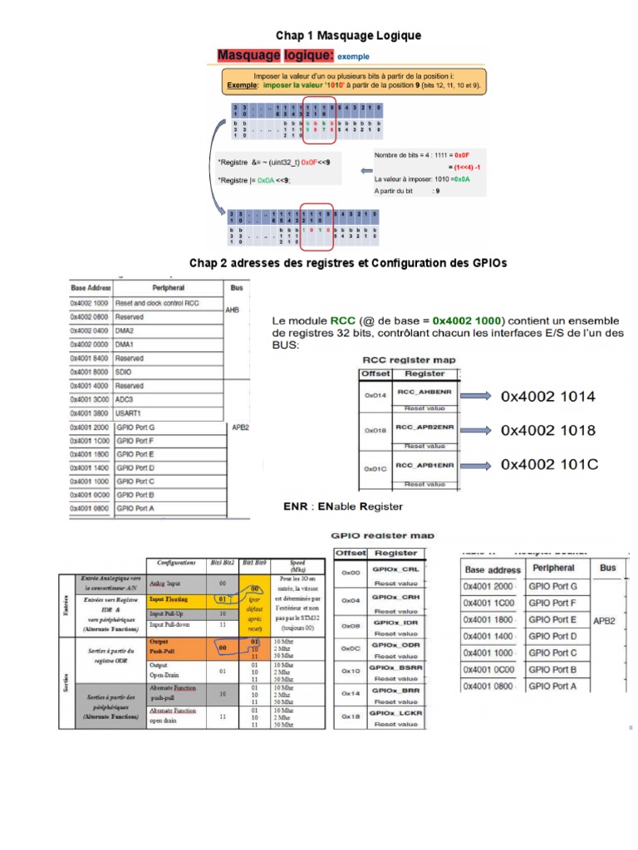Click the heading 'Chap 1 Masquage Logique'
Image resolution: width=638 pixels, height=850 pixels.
(349, 36)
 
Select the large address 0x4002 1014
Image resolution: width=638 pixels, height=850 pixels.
(547, 397)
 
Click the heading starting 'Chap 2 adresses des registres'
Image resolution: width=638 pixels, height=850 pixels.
(348, 262)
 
